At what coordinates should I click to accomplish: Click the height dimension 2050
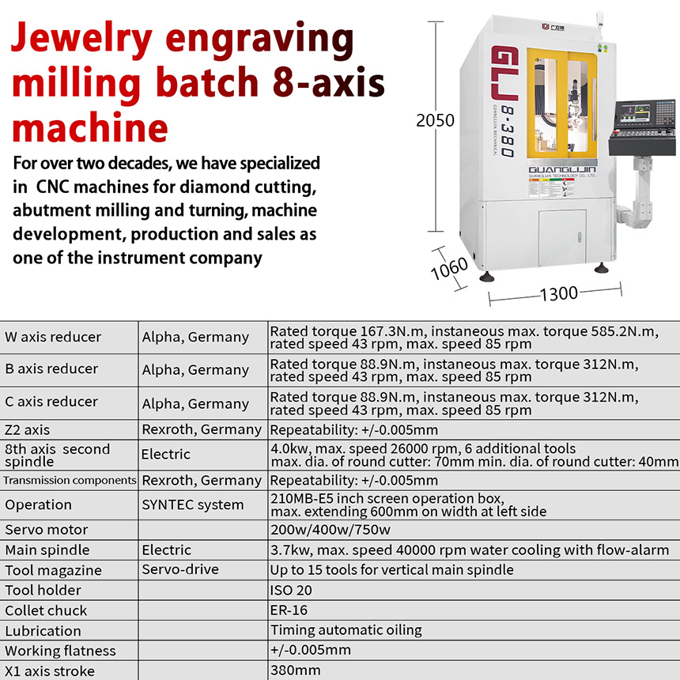tap(435, 121)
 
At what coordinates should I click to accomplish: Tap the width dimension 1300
tap(558, 294)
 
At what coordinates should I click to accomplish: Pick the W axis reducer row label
tap(53, 337)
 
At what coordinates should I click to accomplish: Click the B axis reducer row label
tap(51, 369)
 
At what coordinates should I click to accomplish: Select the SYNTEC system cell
tap(193, 504)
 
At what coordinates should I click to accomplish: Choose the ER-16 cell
tap(289, 610)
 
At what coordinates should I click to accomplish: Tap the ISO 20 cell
tap(293, 590)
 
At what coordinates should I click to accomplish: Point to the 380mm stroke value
tap(296, 671)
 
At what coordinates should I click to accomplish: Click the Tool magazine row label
tap(53, 570)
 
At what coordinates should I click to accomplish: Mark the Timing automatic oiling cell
tap(346, 630)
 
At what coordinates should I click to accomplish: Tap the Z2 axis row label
tap(27, 430)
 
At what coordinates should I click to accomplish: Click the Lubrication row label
tap(43, 631)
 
